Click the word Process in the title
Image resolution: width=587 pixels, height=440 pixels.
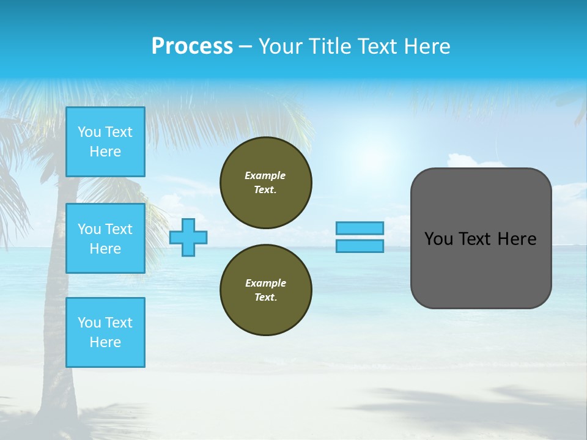pos(192,46)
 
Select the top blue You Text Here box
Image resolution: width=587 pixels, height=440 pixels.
pos(105,142)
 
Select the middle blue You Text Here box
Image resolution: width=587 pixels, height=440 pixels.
pos(105,238)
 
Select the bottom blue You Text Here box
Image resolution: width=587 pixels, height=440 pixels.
pos(105,332)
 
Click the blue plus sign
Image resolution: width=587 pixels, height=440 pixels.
pos(188,237)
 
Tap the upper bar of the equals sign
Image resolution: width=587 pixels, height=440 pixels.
pos(360,228)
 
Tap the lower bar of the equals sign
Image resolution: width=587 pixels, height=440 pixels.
pos(360,246)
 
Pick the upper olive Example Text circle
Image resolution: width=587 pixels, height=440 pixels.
pos(266,183)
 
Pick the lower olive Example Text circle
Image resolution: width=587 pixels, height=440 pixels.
pos(266,290)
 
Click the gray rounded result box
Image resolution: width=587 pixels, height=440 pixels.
pos(481,269)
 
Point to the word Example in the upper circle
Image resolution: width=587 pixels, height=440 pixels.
pos(265,175)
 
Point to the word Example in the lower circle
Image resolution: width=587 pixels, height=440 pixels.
pos(265,283)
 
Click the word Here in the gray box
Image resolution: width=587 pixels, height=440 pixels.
pos(517,239)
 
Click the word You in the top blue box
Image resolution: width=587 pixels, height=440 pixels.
pos(89,132)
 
